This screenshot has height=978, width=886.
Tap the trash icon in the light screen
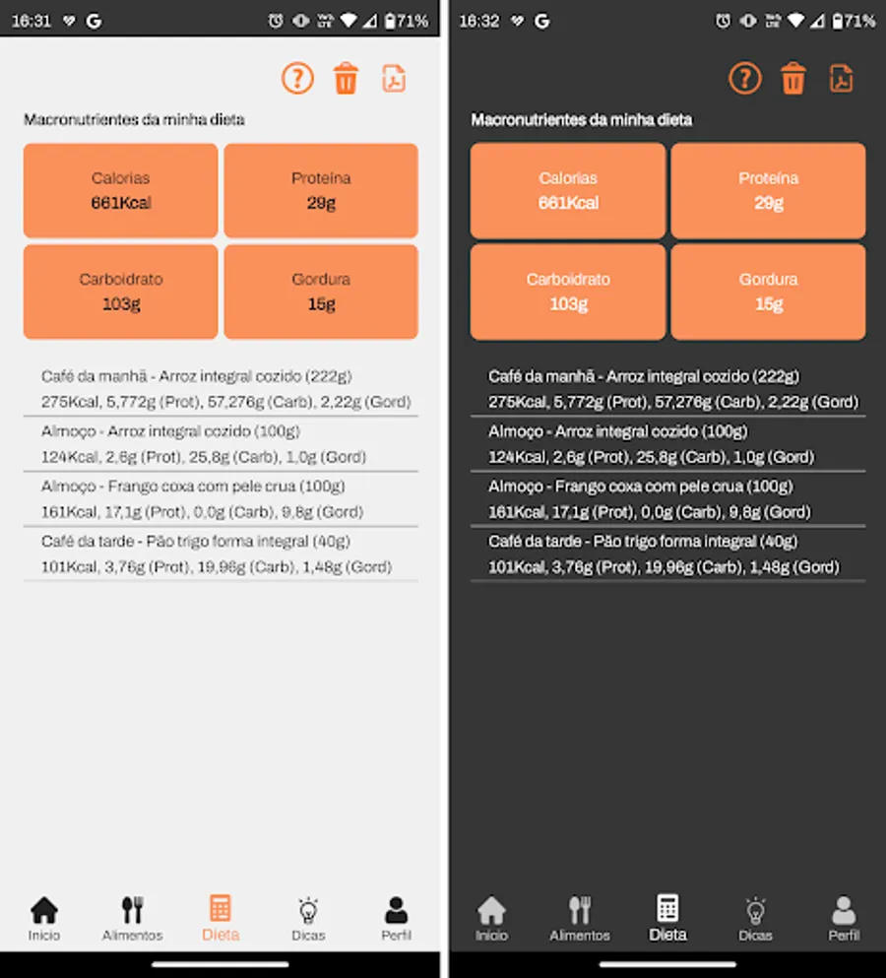346,78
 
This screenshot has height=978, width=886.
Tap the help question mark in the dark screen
744,78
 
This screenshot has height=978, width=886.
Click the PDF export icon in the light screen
394,79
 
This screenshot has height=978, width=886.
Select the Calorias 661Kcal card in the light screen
121,190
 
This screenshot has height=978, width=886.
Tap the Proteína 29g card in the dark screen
768,190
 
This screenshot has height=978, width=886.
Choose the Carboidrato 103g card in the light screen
121,292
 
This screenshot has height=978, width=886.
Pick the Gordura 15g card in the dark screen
768,292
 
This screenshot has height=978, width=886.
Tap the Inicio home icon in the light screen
44,910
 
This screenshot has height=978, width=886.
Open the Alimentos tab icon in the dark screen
579,910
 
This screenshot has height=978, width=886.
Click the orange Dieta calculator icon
221,908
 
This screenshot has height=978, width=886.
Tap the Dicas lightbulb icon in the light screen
308,910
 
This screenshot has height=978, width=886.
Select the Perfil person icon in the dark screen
844,910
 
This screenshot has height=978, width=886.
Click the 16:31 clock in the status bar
32,22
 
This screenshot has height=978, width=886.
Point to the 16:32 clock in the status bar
478,22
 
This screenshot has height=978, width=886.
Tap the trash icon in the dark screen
793,78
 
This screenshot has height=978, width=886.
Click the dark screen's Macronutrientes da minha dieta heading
581,120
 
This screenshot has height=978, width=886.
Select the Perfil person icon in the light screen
396,910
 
